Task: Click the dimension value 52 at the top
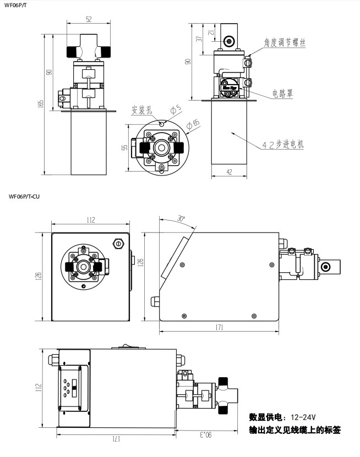click(89, 19)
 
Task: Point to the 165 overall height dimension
click(41, 103)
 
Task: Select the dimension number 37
click(199, 38)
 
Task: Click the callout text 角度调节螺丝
click(285, 42)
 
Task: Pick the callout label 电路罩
click(282, 93)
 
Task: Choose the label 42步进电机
click(282, 144)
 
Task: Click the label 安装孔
click(141, 110)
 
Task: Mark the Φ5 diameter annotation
click(176, 109)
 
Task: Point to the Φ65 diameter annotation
click(193, 124)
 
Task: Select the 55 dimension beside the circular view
click(124, 147)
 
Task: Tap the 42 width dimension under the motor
click(230, 172)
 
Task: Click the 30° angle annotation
click(182, 218)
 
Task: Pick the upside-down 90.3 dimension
click(206, 435)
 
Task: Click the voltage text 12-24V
click(303, 417)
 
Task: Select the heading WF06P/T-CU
click(24, 196)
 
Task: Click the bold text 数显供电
click(265, 417)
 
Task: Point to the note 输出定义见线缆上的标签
click(294, 430)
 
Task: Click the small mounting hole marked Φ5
click(162, 124)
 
